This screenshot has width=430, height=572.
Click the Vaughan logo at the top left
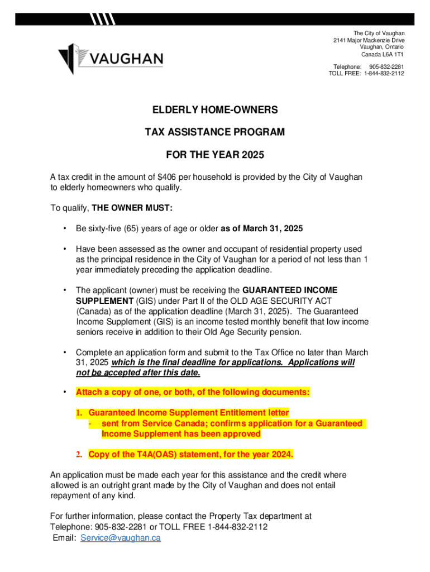point(111,58)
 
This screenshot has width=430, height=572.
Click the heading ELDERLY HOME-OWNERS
point(215,111)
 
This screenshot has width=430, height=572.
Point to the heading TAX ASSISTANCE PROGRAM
point(215,132)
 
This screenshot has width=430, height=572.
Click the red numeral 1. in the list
point(79,413)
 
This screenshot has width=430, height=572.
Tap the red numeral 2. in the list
point(80,454)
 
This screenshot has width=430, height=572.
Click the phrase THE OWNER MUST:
point(132,208)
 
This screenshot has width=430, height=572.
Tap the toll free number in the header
point(385,73)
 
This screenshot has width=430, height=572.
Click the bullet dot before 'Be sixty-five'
point(66,228)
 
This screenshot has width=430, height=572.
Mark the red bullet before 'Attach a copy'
point(66,392)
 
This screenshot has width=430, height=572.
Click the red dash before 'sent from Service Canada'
point(89,424)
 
